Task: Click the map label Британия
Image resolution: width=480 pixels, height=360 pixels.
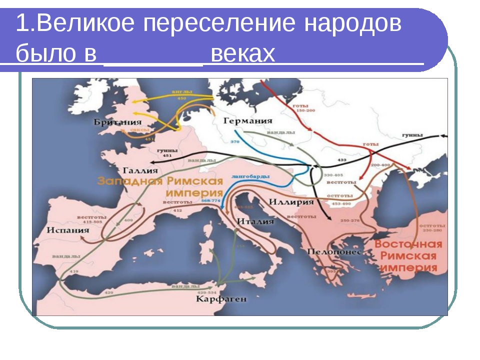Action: (118, 122)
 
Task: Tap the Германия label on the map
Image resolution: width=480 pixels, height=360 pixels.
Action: (248, 120)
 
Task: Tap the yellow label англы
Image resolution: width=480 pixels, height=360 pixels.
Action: (178, 92)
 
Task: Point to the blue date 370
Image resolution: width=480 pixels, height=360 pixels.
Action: (234, 142)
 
